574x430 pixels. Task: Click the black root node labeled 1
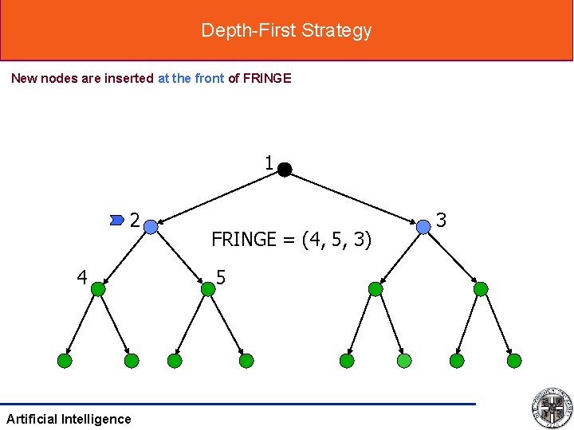[285, 169]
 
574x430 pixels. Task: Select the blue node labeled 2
[151, 227]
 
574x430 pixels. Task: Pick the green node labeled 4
[98, 289]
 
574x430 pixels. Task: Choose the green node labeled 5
[208, 289]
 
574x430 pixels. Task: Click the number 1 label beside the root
[269, 163]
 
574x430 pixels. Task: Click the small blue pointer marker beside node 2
[118, 217]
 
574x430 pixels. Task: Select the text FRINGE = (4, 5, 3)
[291, 239]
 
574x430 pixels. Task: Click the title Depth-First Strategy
[286, 30]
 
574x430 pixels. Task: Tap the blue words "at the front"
[191, 78]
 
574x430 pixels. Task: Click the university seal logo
[552, 407]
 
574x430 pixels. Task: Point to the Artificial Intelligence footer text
[69, 419]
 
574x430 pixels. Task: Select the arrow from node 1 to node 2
[218, 197]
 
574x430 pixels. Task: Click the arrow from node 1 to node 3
[353, 197]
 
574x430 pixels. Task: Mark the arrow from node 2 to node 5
[179, 258]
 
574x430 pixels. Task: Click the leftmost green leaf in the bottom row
[65, 361]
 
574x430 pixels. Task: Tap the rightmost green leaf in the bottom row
[515, 361]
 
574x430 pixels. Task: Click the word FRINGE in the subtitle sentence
[266, 78]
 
